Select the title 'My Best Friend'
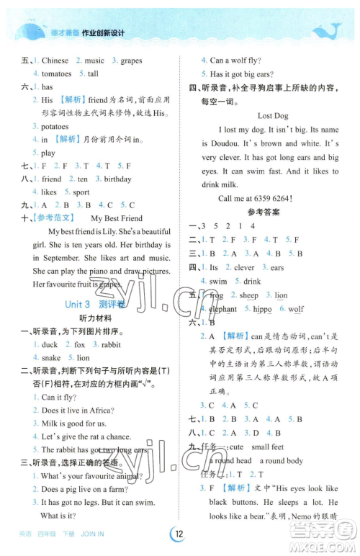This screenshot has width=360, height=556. coord(117,218)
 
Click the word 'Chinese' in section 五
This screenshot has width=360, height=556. coord(55,60)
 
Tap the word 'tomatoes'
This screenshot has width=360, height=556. coord(56,73)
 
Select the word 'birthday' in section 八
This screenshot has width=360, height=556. coord(117,179)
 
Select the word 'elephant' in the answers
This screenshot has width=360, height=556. coord(222,308)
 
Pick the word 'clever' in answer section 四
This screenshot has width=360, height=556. coord(245,268)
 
